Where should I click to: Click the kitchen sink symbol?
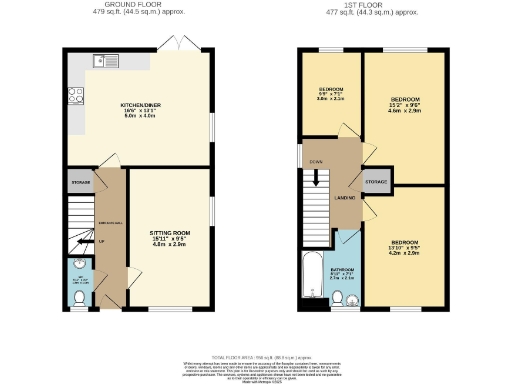click(x=105, y=62)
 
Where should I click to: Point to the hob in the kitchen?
click(x=74, y=97)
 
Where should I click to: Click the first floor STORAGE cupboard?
click(x=376, y=183)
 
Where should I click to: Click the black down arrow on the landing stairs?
click(x=317, y=179)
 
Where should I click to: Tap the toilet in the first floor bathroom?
click(x=340, y=296)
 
